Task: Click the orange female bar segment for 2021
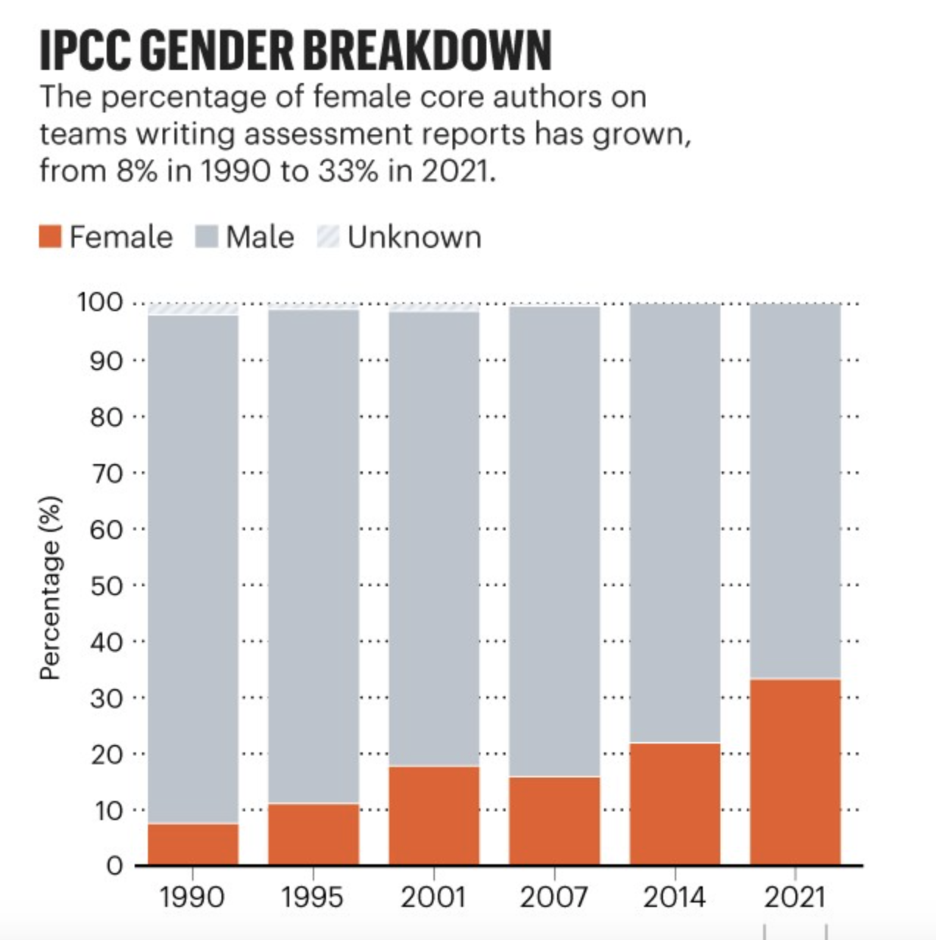795,772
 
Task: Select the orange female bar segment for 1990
193,844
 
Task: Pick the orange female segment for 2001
434,815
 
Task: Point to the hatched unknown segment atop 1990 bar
193,310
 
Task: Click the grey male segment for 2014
675,523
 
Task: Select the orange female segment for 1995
313,833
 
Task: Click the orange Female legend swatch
50,237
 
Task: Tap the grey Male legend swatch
207,237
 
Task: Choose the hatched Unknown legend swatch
328,237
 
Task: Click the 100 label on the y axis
99,302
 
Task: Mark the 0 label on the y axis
114,866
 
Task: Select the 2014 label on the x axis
674,897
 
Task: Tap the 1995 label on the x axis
312,897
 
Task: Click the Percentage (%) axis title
50,588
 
